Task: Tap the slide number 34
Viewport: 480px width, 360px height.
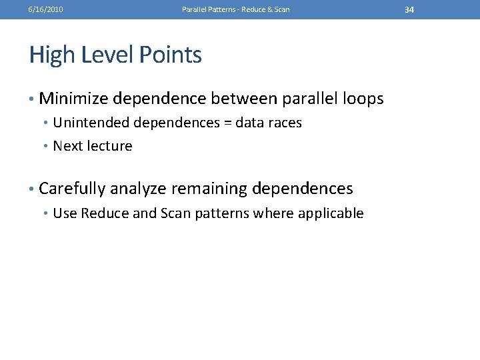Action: (409, 10)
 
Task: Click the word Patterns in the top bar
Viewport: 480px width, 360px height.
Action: (219, 10)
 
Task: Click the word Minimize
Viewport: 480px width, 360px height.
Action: (73, 99)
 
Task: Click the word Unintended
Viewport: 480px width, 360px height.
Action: (91, 123)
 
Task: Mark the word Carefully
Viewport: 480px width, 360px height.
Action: (72, 189)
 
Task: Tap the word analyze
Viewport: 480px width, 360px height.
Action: (139, 189)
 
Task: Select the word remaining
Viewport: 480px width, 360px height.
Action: (211, 189)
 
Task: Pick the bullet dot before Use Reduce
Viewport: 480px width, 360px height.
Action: (46, 214)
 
